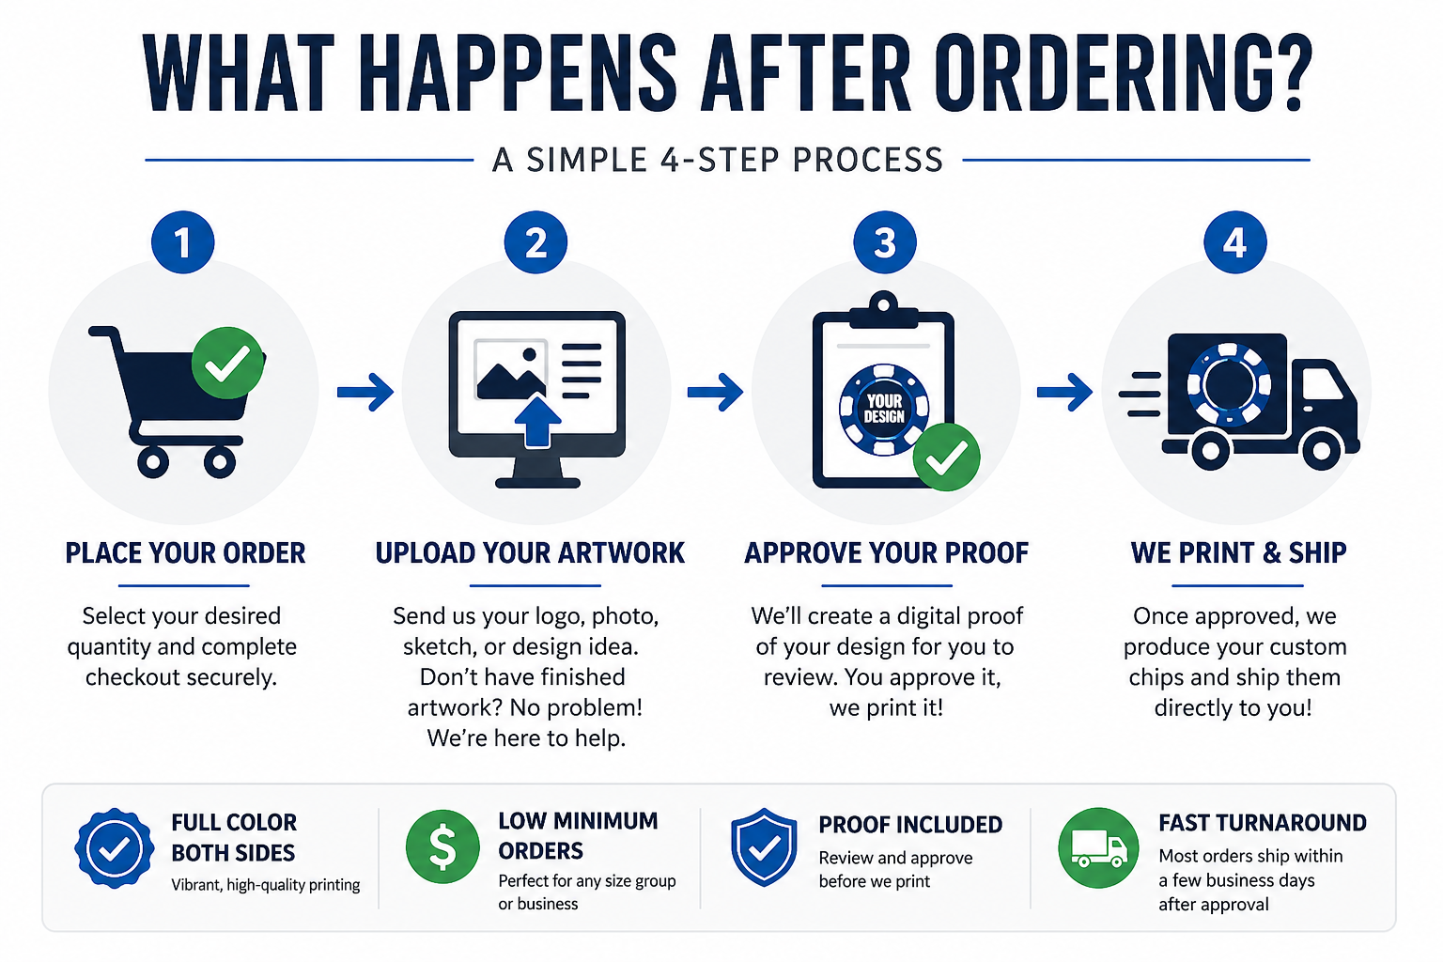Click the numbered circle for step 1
coord(183,243)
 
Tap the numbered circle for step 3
coord(884,243)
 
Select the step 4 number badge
coord(1235,243)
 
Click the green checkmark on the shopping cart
coord(228,363)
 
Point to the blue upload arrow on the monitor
coord(538,422)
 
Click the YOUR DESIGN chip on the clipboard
coord(884,410)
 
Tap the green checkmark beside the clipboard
coord(946,458)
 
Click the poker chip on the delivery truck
coord(1229,384)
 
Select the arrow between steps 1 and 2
coord(365,391)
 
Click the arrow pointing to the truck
coord(1064,391)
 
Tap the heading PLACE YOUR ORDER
coord(185,553)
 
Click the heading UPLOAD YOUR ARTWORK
coord(530,553)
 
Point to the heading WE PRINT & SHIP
coord(1238,553)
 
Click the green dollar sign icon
coord(442,846)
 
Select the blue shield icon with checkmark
coord(764,847)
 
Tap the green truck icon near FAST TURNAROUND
coord(1098,847)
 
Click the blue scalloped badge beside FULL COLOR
coord(115,848)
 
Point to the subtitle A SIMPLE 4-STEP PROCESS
coord(718,160)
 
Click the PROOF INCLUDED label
coord(910,825)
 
